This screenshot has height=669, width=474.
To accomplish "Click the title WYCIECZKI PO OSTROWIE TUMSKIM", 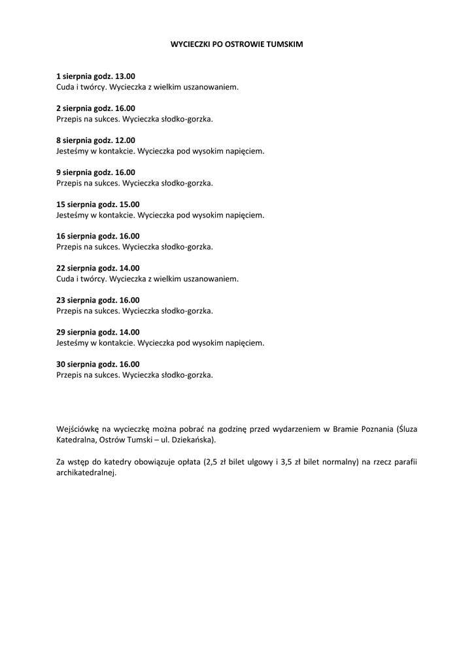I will (237, 44).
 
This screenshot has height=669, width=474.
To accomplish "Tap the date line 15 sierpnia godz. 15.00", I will (97, 204).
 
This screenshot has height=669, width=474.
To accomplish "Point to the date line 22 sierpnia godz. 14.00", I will (97, 269).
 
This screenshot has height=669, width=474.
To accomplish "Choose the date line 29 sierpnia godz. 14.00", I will (97, 333).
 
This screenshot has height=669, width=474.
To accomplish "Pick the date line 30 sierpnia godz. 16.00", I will (97, 365).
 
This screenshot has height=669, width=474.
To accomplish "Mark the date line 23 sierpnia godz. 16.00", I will (97, 301).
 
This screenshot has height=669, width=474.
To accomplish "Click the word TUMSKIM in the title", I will (285, 44).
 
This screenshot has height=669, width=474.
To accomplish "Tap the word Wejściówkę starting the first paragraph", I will (77, 429).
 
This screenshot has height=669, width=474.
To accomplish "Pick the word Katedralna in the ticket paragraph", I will (76, 440).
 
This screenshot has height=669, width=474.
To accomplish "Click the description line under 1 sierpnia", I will (147, 87).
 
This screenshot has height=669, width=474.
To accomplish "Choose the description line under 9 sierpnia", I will (135, 183).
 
